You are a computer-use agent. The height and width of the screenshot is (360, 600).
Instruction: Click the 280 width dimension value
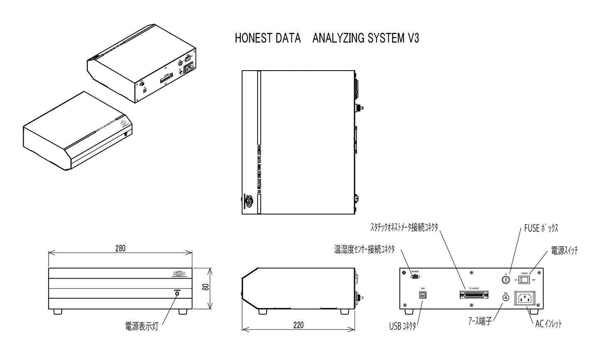coord(120,248)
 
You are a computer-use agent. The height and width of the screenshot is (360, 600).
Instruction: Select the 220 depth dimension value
coord(298,325)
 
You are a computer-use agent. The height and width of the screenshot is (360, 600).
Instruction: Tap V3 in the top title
coord(411,38)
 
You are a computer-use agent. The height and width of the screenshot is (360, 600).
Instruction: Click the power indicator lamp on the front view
coord(177,294)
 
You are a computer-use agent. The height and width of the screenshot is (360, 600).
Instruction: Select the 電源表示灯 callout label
coord(141,325)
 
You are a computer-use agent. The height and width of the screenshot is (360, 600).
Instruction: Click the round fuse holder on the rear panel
coord(506,280)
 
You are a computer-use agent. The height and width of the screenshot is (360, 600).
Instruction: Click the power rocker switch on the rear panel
coord(525,280)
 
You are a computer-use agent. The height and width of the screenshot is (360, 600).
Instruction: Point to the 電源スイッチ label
coord(564,250)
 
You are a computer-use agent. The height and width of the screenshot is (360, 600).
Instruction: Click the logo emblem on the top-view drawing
coord(249,201)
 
